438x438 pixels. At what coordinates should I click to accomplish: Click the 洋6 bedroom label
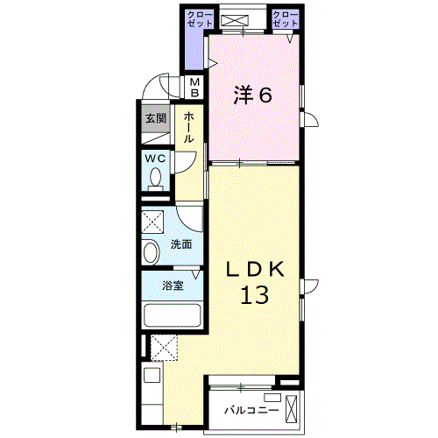click(x=251, y=95)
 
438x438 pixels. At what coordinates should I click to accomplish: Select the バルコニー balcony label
click(x=251, y=409)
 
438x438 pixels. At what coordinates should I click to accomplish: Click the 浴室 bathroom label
click(x=173, y=285)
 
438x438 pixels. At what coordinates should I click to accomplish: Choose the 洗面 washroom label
click(x=181, y=244)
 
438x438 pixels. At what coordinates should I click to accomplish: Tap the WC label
click(x=156, y=158)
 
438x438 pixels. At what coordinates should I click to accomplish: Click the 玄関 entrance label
click(x=155, y=117)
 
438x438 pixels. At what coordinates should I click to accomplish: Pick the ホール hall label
click(x=188, y=126)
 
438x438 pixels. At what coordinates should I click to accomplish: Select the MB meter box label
click(x=195, y=87)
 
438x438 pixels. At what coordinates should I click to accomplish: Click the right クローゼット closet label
click(x=285, y=20)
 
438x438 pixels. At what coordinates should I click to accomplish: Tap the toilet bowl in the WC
click(x=156, y=179)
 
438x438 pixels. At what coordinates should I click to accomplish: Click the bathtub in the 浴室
click(x=173, y=314)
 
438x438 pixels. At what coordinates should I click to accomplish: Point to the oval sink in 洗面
click(x=150, y=252)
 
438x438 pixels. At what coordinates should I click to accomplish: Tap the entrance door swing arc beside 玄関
click(x=156, y=89)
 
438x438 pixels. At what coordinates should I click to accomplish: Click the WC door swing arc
click(x=185, y=163)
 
